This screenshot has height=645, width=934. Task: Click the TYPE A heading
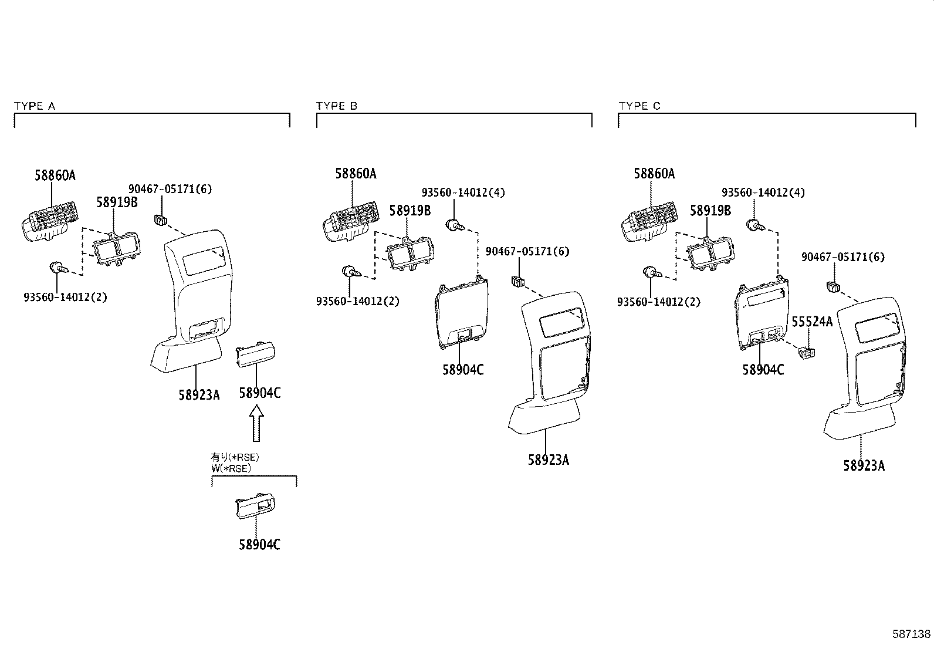tap(35, 106)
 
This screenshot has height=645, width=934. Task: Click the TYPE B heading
tap(337, 106)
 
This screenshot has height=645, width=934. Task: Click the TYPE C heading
tap(639, 106)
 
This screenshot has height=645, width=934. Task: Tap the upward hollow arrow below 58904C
tap(256, 425)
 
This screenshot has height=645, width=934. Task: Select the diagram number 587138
tap(911, 634)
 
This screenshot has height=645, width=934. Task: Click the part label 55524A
tap(812, 322)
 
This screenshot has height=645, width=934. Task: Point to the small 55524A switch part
tap(807, 353)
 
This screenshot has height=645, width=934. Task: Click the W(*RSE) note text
tap(231, 468)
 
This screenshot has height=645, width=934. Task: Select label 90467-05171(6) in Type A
tap(170, 189)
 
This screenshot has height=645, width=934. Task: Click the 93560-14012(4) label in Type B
tap(463, 193)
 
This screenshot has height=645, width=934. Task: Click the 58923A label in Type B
tap(548, 460)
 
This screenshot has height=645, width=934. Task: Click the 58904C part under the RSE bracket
tap(256, 506)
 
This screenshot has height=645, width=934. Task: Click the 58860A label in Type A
tap(55, 175)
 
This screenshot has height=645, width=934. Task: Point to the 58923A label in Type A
tap(199, 395)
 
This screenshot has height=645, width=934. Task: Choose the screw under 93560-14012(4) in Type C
tap(754, 225)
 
